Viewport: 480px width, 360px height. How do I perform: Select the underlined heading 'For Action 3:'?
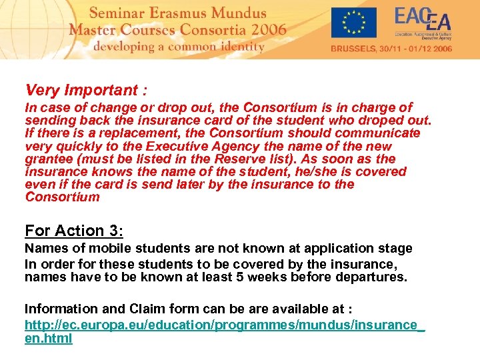74,231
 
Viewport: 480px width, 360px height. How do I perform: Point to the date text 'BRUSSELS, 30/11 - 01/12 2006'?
391,49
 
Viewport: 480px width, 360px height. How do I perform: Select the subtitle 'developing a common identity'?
179,46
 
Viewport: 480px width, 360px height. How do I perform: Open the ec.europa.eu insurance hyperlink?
224,331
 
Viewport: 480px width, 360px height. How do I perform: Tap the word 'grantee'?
47,159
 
